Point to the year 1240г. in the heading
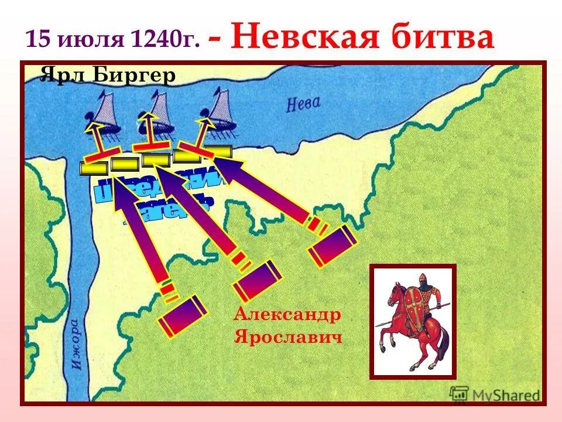pos(166,39)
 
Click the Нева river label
pos(303,104)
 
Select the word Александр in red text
pos(287,314)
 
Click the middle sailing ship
pos(155,111)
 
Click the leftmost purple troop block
pos(183,316)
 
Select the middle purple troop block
pos(258,281)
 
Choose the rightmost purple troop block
pos(332,246)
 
